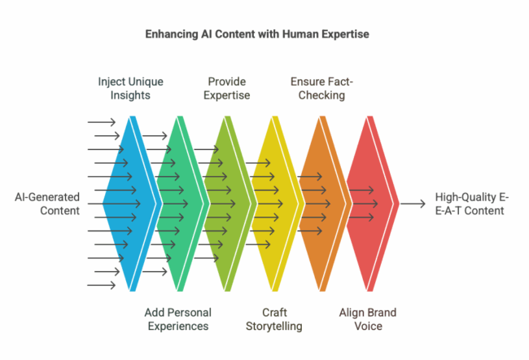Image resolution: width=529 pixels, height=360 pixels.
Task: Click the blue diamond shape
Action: pyautogui.click(x=130, y=204)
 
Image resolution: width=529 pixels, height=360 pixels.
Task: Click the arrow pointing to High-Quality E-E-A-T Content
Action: pyautogui.click(x=413, y=204)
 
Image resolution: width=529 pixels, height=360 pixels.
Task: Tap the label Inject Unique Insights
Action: pyautogui.click(x=130, y=89)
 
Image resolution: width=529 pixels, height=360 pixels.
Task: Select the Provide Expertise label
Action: pyautogui.click(x=227, y=89)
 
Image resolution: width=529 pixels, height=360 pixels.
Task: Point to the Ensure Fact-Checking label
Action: pyautogui.click(x=321, y=89)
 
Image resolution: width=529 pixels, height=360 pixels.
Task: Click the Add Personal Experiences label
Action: pyautogui.click(x=178, y=319)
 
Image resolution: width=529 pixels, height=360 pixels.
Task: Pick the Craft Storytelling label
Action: pyautogui.click(x=274, y=319)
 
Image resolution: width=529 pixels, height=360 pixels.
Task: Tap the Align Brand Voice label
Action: pyautogui.click(x=368, y=319)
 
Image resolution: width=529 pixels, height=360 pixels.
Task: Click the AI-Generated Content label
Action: pyautogui.click(x=47, y=204)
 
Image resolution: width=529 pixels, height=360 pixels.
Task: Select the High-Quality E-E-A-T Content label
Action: pyautogui.click(x=472, y=204)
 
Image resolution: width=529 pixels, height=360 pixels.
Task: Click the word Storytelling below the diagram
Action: pyautogui.click(x=274, y=327)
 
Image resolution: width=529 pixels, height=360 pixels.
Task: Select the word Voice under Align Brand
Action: pyautogui.click(x=368, y=327)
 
